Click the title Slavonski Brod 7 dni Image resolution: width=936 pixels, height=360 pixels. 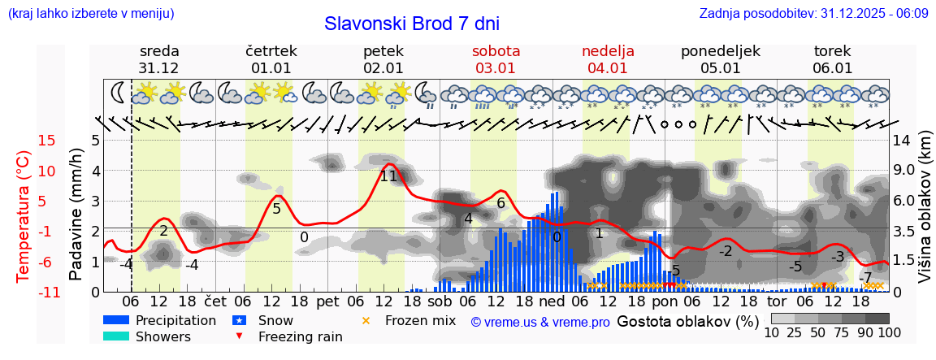pos(412,24)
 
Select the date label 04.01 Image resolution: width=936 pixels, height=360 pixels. pos(608,68)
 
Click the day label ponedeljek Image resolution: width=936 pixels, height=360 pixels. pos(720,51)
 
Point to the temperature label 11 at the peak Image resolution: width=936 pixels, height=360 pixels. pos(388,176)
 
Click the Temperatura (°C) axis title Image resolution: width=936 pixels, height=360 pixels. pos(23,216)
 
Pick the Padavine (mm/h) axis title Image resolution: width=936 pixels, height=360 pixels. pos(76,215)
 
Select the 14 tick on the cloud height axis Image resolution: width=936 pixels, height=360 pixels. pos(901,141)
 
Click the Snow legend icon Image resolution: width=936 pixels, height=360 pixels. pos(240,320)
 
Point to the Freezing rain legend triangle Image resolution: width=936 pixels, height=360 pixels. pos(240,336)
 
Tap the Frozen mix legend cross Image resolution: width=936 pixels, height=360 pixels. pos(366,320)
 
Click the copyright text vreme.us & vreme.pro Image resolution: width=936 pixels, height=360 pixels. pos(540,322)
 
